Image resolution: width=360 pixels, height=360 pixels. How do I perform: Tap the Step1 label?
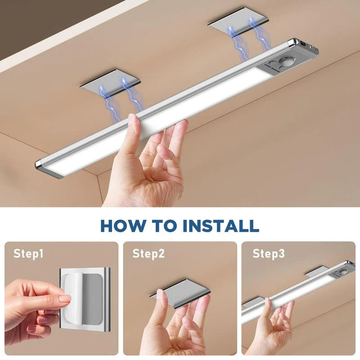point(28,254)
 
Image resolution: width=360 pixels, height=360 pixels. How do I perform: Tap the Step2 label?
point(148,254)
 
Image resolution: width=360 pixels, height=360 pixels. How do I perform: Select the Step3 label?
point(268,254)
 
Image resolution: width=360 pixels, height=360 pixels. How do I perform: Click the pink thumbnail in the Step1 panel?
point(64,299)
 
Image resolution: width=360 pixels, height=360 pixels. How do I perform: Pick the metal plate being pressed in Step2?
point(180,293)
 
